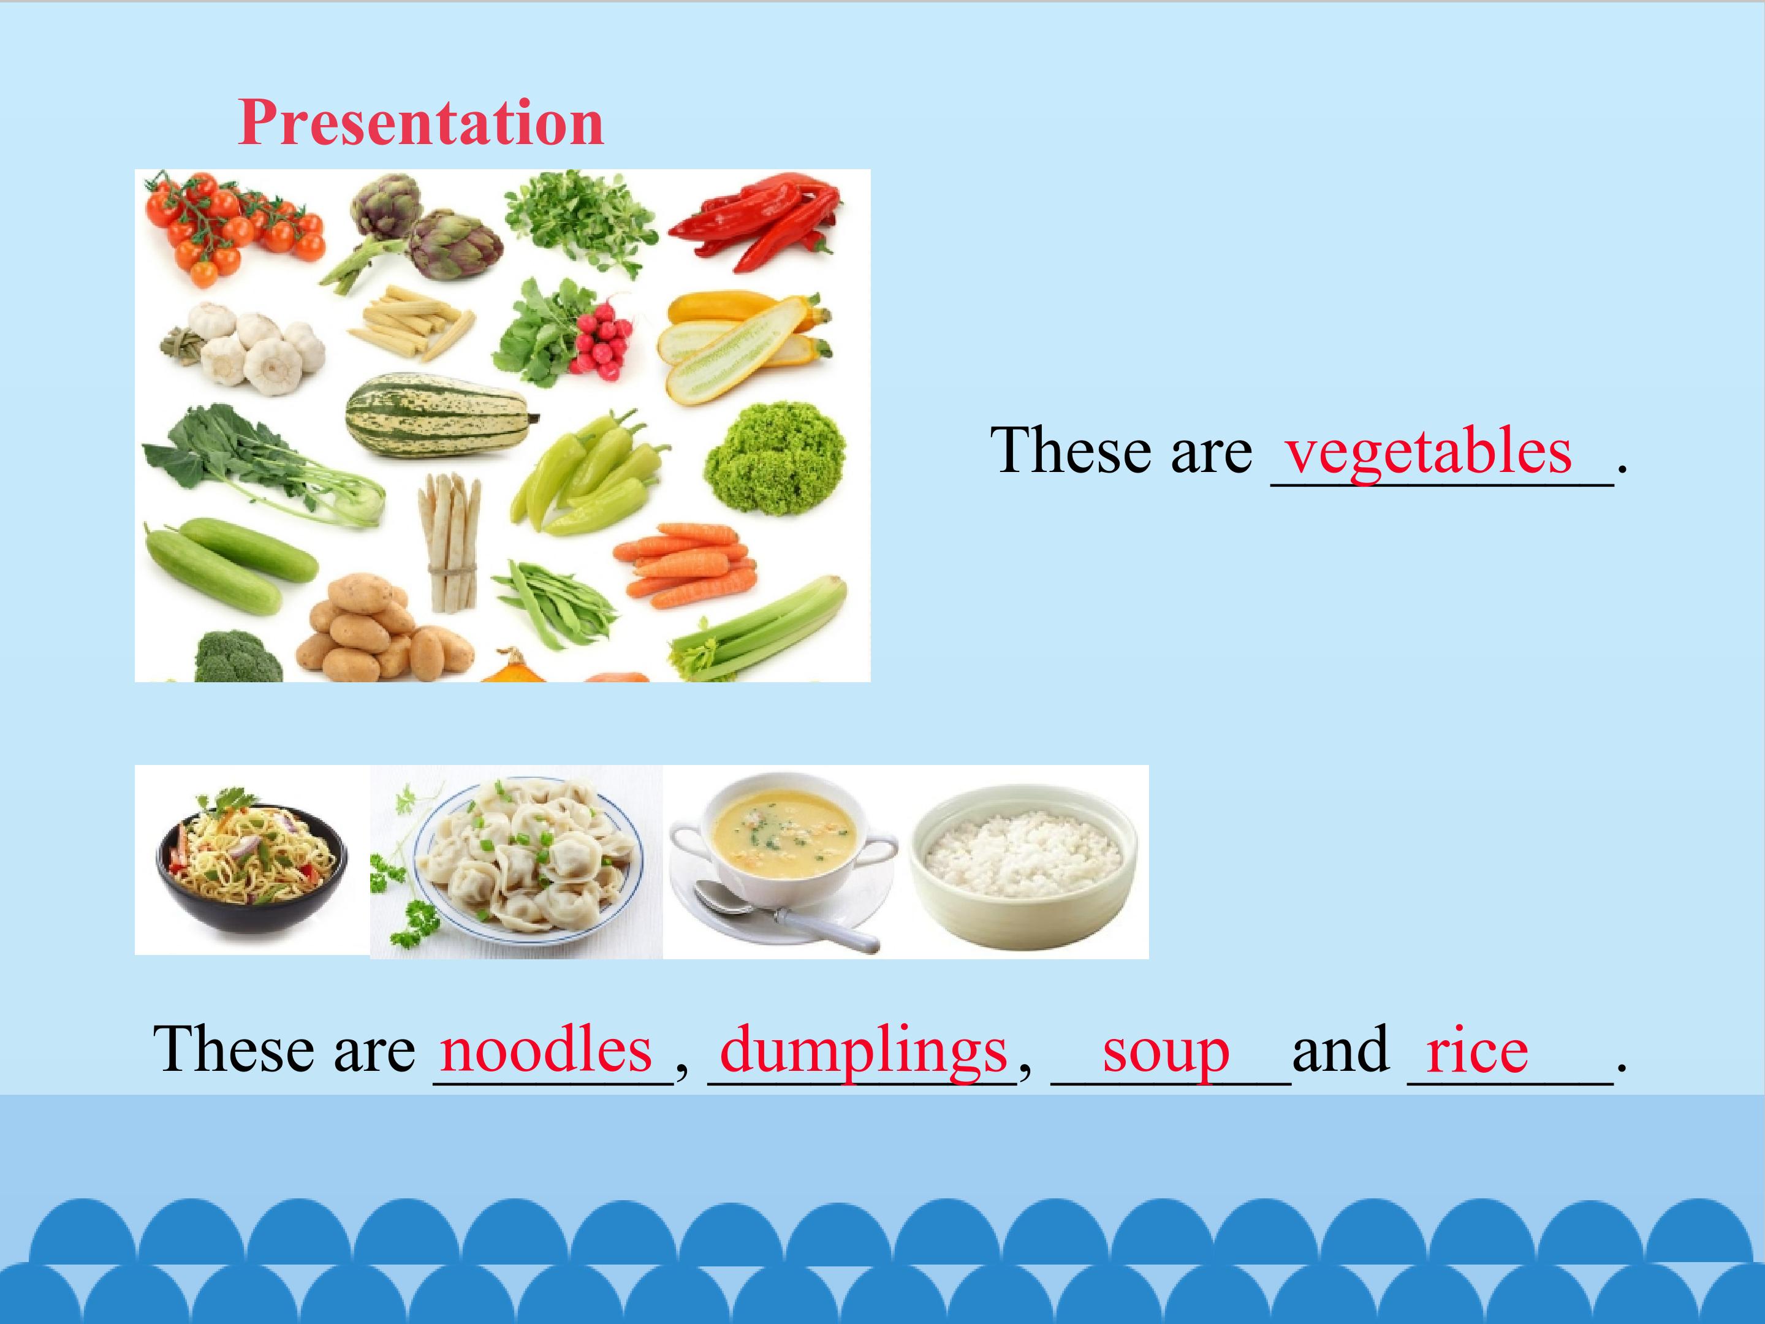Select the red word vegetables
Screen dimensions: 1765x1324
coord(1429,452)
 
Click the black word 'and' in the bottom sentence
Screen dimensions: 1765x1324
coord(1340,1049)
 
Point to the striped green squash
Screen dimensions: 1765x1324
coord(439,415)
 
